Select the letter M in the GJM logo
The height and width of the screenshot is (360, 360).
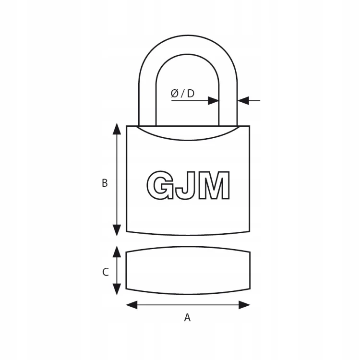[x=214, y=185]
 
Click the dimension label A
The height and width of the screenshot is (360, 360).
[x=187, y=318]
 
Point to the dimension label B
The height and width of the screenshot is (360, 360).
[x=105, y=183]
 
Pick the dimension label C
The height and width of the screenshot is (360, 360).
[x=106, y=272]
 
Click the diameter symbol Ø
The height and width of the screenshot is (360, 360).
[x=175, y=94]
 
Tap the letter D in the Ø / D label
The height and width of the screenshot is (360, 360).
[x=191, y=94]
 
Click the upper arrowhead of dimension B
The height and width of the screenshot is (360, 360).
[x=117, y=129]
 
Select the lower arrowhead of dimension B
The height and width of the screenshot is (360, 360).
[x=117, y=230]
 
